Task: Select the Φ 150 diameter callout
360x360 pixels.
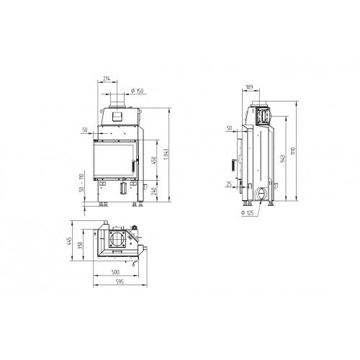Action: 136,91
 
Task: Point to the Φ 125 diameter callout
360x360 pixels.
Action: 248,213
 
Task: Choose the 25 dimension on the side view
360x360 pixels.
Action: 228,186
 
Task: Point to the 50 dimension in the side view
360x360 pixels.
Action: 228,128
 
